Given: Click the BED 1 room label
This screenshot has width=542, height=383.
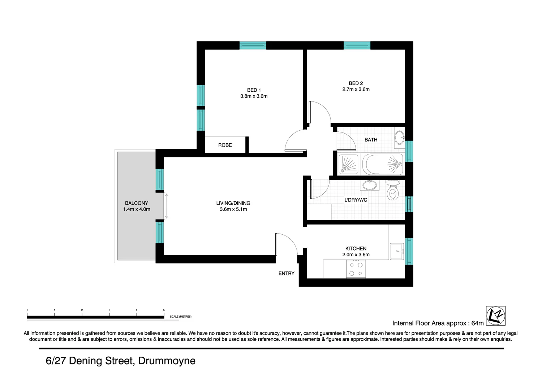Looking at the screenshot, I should point(254,90).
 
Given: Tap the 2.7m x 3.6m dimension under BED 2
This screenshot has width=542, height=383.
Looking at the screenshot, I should point(356,89).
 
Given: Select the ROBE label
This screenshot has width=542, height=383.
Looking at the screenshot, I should point(225,145).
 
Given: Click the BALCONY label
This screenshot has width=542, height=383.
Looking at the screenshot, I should point(136,203).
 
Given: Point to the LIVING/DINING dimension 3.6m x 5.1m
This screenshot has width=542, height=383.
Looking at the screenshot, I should point(233,209).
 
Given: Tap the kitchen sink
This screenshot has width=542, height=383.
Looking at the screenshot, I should point(397,251).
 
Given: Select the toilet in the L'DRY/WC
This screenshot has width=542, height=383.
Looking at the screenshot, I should point(392,191).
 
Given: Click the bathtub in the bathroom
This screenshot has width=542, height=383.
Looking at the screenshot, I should point(382,164).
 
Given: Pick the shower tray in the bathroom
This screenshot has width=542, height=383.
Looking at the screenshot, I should point(348,165).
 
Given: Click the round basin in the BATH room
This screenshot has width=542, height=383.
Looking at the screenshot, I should point(399,138).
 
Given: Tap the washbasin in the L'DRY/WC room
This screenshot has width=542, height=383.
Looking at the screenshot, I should point(369,185).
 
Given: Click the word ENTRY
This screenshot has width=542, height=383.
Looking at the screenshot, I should point(286,274).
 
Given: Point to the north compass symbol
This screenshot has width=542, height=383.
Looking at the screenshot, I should point(495,316).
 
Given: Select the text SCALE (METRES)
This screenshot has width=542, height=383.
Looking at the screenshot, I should point(180,317).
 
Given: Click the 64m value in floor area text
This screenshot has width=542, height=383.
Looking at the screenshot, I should point(477,323).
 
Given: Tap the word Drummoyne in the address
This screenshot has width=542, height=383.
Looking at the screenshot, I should point(167,361).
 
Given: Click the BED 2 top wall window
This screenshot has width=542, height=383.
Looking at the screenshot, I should point(357,45).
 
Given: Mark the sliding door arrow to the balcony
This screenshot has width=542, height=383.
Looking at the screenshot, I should point(166,206).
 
